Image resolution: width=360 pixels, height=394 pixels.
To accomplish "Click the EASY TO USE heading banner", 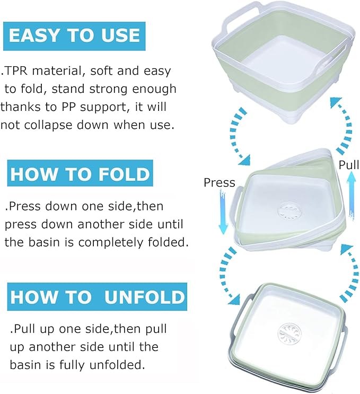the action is click(x=74, y=36).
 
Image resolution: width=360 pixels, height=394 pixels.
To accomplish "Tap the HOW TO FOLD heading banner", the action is click(x=80, y=173).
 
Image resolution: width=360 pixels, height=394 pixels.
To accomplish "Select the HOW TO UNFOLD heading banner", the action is click(x=97, y=296).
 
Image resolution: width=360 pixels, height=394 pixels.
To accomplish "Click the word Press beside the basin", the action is click(x=219, y=182).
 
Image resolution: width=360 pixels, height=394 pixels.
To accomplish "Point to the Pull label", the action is click(x=349, y=165).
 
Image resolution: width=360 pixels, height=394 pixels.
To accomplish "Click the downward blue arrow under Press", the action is click(x=223, y=212).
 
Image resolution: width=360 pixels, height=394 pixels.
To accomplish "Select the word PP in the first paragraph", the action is click(x=68, y=107).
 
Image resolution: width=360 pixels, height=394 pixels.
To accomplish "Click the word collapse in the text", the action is click(x=48, y=125).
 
